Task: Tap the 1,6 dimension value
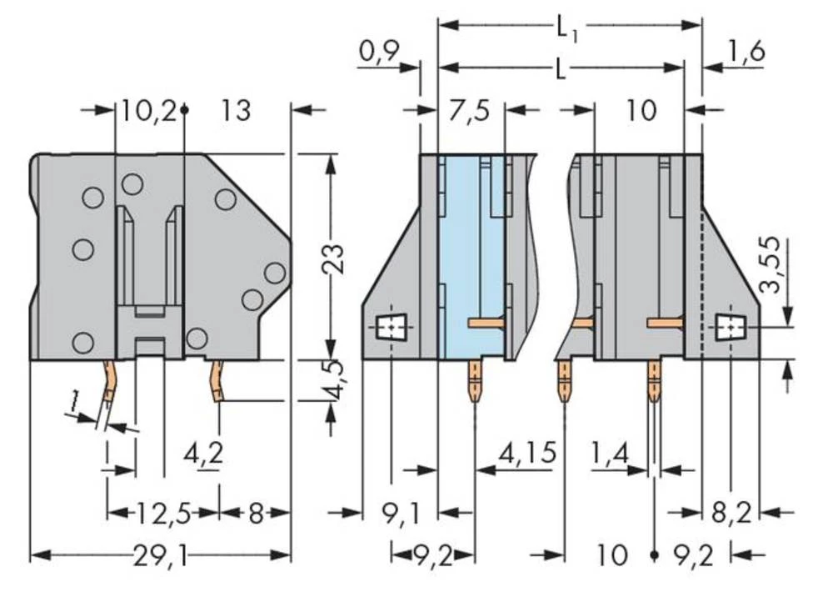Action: point(745,52)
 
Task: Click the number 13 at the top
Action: point(236,111)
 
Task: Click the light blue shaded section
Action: point(471,250)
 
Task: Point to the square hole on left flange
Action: point(388,329)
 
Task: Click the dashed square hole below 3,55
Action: point(731,329)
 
